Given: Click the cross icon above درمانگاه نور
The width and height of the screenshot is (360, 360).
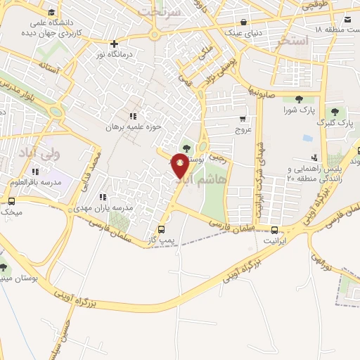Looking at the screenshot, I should pyautogui.click(x=115, y=44).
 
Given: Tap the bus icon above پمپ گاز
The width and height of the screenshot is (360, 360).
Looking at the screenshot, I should pyautogui.click(x=162, y=229).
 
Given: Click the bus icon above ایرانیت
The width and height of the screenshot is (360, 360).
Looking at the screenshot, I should pyautogui.click(x=274, y=229).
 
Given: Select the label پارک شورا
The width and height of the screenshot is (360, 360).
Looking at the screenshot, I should pyautogui.click(x=298, y=110).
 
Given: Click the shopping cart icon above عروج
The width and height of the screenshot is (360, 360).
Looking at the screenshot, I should pyautogui.click(x=242, y=118).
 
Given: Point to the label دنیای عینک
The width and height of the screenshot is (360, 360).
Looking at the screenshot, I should pyautogui.click(x=244, y=32).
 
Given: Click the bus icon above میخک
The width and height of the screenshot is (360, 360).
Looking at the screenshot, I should pyautogui.click(x=10, y=200).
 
